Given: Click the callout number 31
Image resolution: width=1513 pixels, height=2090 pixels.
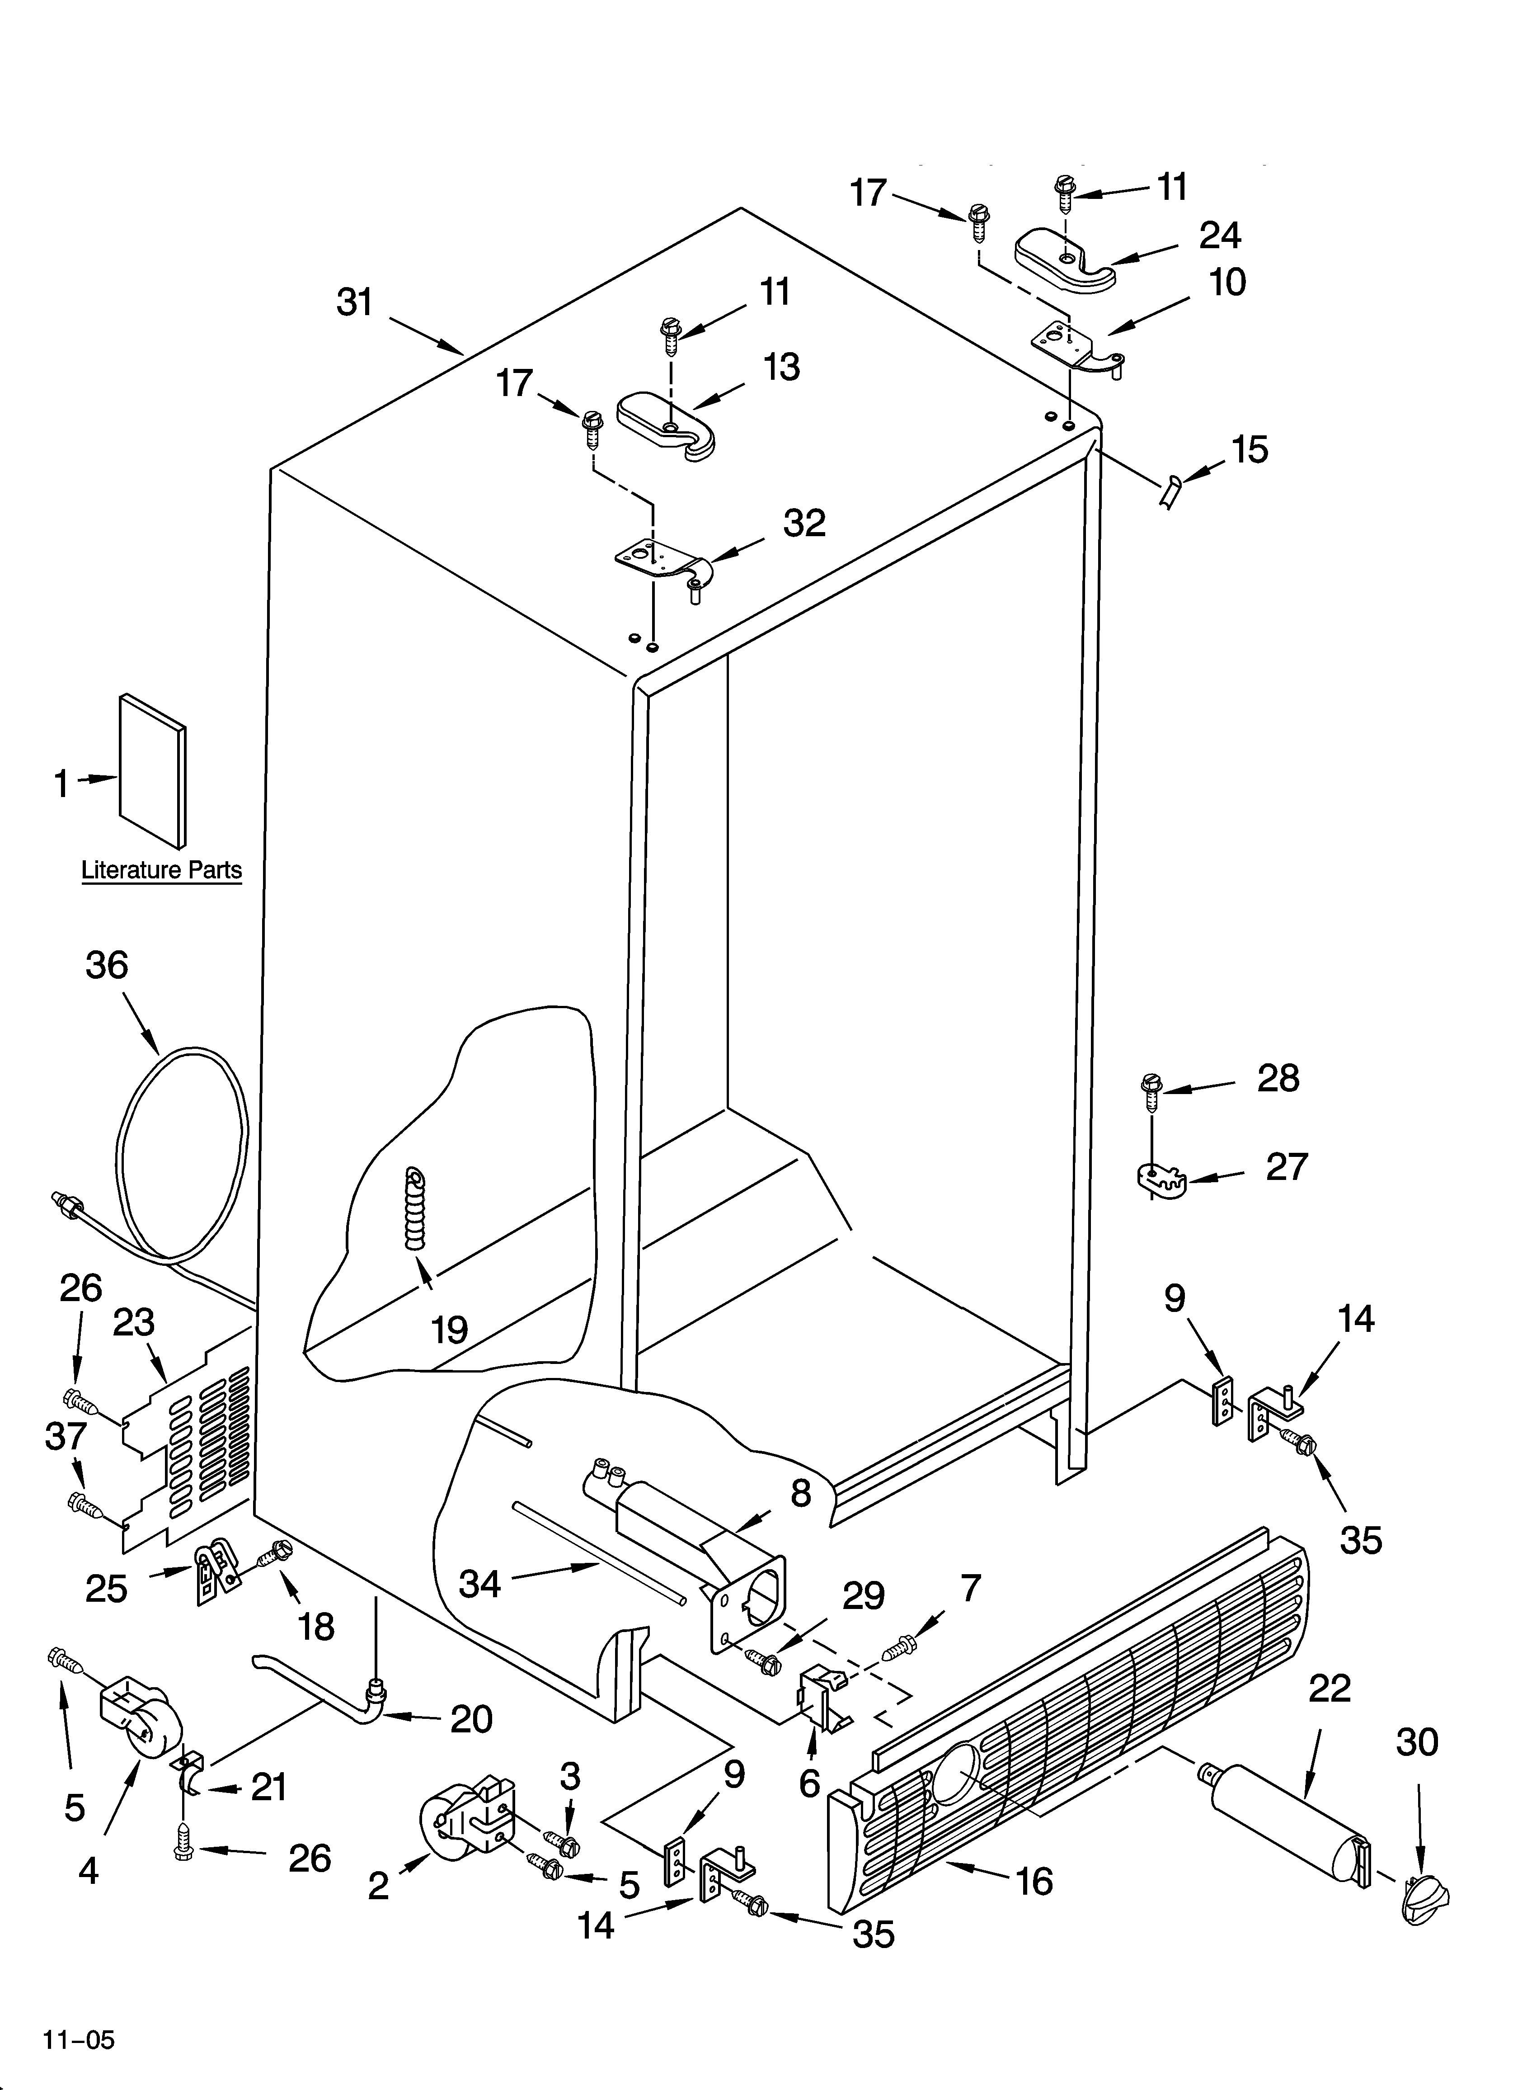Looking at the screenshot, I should (x=355, y=302).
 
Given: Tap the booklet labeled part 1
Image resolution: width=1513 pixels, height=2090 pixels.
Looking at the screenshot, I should (x=152, y=769).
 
